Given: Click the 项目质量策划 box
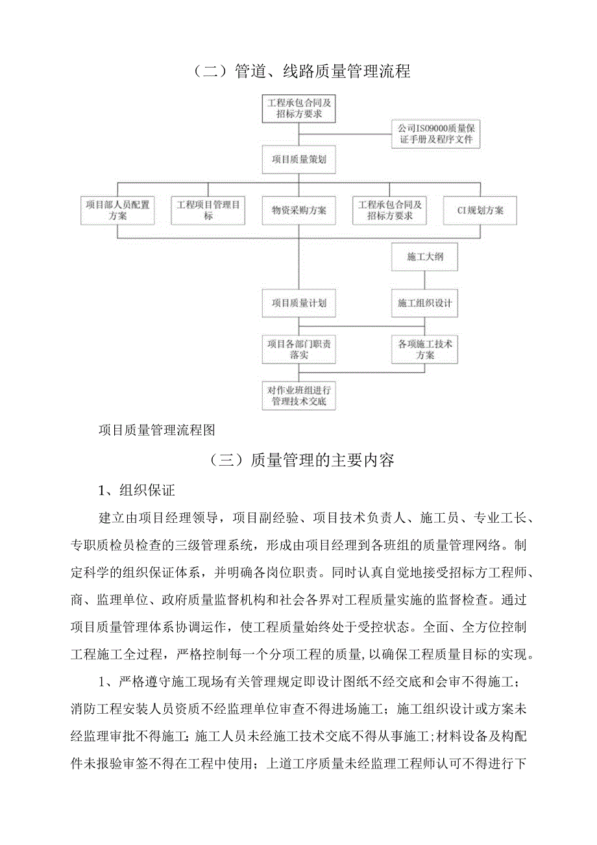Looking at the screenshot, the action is click(299, 159).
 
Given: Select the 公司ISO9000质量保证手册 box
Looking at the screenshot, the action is click(435, 134).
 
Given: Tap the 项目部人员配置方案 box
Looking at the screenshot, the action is click(117, 210).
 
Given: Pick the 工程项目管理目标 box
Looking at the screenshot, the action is click(208, 210).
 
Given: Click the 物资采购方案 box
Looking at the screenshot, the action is click(299, 210).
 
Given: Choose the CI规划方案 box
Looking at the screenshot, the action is click(481, 210).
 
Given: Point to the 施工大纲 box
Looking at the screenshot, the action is click(424, 257).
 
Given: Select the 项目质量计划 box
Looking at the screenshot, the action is click(299, 303).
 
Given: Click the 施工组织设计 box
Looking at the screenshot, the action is click(424, 303).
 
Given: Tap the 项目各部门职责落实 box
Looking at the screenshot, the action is click(299, 349).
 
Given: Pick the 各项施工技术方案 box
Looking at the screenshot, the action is click(424, 349).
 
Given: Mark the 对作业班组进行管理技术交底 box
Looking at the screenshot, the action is click(299, 396).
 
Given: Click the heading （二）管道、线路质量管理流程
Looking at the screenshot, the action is click(302, 71).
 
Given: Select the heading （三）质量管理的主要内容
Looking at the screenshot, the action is click(302, 461).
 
